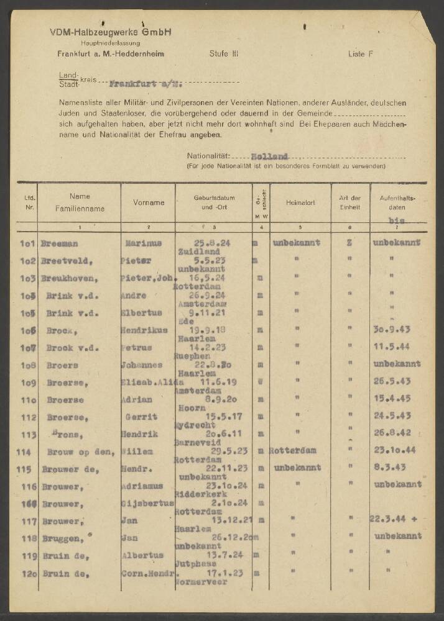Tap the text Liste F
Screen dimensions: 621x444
361,54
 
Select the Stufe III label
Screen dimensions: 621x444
224,54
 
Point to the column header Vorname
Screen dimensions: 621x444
149,202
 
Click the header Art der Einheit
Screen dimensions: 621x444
351,202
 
